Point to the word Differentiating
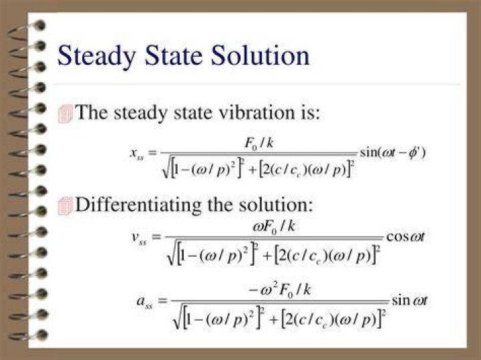coord(139,205)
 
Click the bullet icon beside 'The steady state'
coord(65,114)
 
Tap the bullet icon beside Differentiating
coord(65,206)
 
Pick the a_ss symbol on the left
coord(144,301)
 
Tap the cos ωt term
coord(406,236)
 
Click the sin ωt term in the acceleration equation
coord(409,300)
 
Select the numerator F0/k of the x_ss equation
coord(259,143)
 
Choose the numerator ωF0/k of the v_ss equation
coord(274,227)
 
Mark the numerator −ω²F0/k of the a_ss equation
coord(280,290)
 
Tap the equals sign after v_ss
coord(157,237)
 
